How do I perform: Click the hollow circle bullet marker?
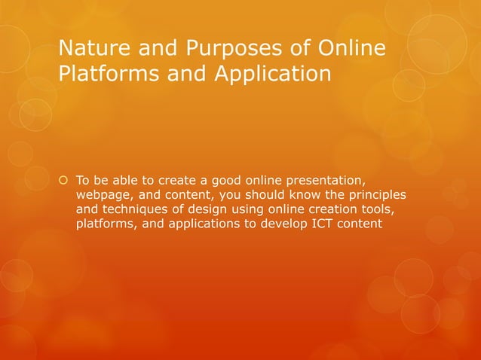pos(63,180)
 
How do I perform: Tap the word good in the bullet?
pos(226,180)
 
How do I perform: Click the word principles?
pos(378,194)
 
